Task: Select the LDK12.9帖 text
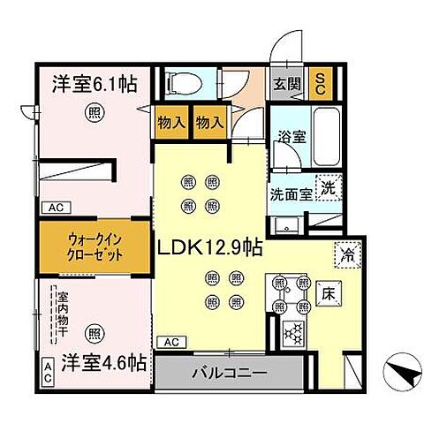click(209, 249)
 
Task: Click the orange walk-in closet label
click(94, 244)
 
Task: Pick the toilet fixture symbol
click(182, 82)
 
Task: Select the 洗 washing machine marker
click(328, 187)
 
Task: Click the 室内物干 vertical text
click(64, 314)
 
